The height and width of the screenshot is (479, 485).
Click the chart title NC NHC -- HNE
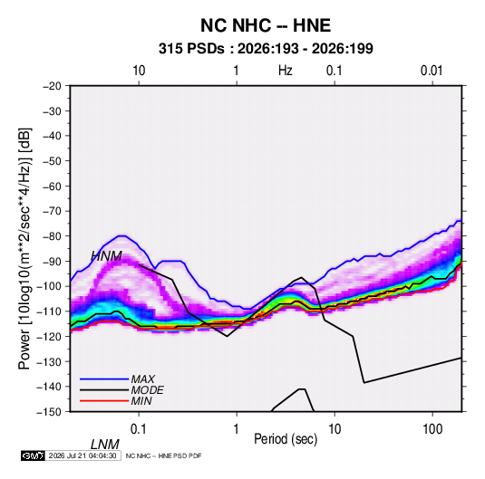(266, 25)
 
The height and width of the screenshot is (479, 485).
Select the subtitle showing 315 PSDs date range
(266, 49)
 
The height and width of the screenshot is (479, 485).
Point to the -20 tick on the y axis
(52, 86)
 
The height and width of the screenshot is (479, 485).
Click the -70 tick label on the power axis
(52, 211)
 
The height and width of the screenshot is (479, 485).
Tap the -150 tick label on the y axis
(50, 412)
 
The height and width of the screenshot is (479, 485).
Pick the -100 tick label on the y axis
(50, 286)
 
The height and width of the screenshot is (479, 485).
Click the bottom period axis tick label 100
(432, 428)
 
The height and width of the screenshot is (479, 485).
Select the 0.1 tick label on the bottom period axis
(139, 428)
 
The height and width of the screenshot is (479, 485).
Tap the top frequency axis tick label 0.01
(432, 71)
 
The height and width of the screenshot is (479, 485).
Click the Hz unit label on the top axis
(285, 71)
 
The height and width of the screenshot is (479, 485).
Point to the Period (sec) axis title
(286, 439)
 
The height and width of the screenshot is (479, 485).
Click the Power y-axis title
(24, 249)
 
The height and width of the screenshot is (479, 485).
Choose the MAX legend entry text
(142, 379)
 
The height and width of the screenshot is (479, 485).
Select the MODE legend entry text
(147, 390)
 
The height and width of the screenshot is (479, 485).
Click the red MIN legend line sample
(104, 401)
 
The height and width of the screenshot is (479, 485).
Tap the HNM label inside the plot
(106, 256)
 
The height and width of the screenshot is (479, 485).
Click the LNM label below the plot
(105, 445)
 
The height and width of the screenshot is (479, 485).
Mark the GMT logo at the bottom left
(34, 455)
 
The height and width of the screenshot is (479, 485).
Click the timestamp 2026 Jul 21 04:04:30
(82, 455)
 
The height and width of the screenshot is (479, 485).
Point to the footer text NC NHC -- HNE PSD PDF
(163, 455)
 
